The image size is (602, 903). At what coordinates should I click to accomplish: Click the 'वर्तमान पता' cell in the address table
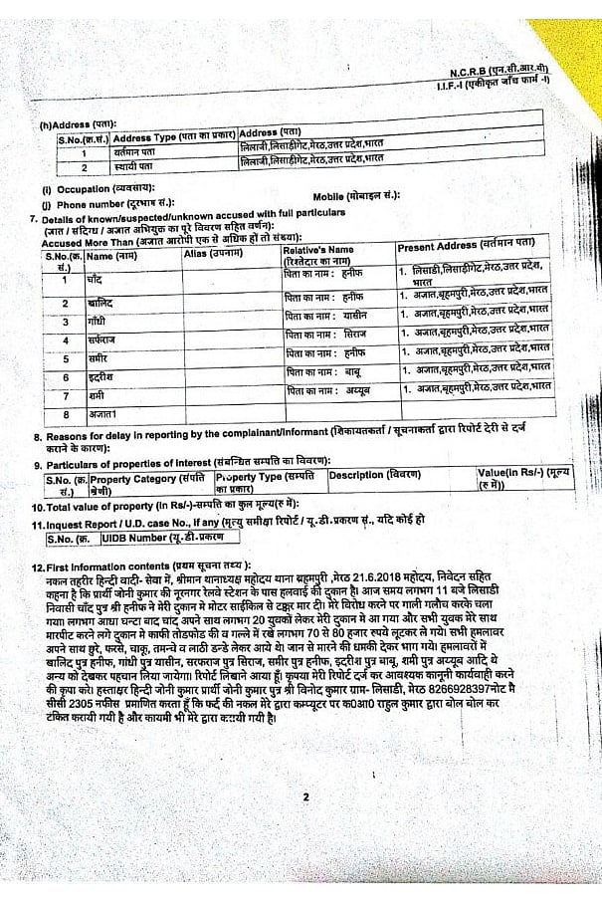(x=101, y=153)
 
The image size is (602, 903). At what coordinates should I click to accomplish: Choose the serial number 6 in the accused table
(x=64, y=377)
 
